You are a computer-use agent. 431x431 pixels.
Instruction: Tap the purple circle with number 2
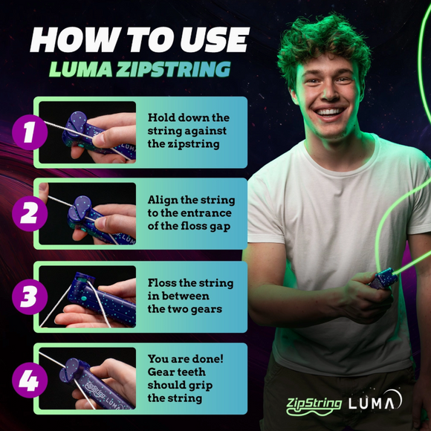click(x=28, y=213)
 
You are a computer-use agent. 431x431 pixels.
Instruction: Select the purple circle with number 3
click(x=28, y=296)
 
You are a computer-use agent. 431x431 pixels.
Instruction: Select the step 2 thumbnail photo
click(x=88, y=214)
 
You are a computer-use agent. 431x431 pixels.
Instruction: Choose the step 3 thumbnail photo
click(x=88, y=296)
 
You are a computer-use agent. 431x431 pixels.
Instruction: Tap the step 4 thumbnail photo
click(x=88, y=379)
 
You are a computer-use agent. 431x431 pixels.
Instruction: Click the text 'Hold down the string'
click(x=189, y=124)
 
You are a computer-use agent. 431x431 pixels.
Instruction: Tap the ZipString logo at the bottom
click(x=315, y=405)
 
